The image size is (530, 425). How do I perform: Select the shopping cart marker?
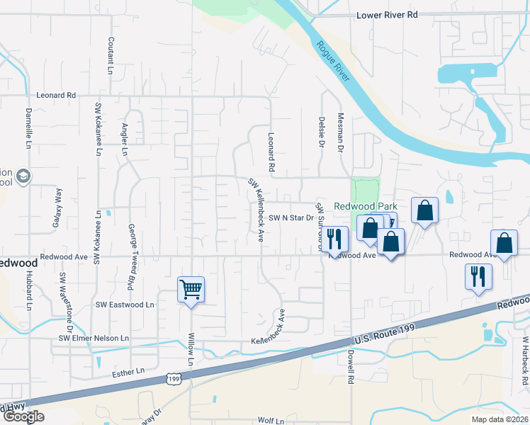191,289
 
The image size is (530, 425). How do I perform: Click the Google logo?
23,416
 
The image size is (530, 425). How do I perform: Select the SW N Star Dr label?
291,217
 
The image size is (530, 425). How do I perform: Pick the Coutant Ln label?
111,56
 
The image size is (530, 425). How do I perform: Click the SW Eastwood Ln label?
125,305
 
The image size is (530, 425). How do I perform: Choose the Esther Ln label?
128,370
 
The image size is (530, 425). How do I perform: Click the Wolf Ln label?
271,421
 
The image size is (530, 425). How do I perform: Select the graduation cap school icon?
23,176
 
